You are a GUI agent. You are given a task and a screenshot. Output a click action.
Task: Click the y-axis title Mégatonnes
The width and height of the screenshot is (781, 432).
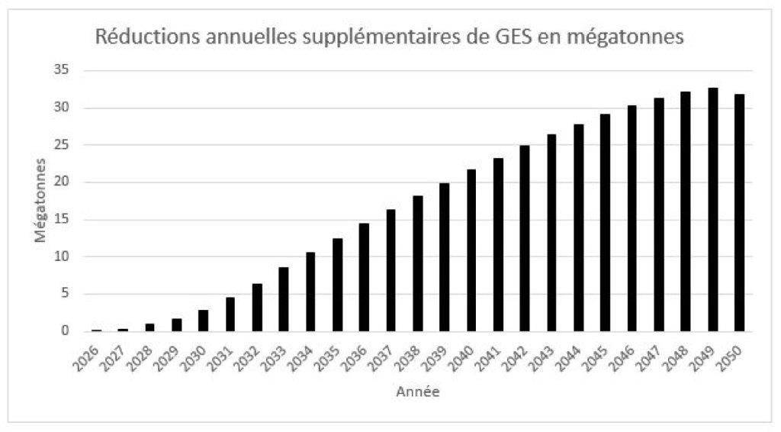tap(40, 201)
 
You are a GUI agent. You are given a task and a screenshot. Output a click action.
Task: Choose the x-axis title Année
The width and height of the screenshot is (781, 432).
tap(417, 392)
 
